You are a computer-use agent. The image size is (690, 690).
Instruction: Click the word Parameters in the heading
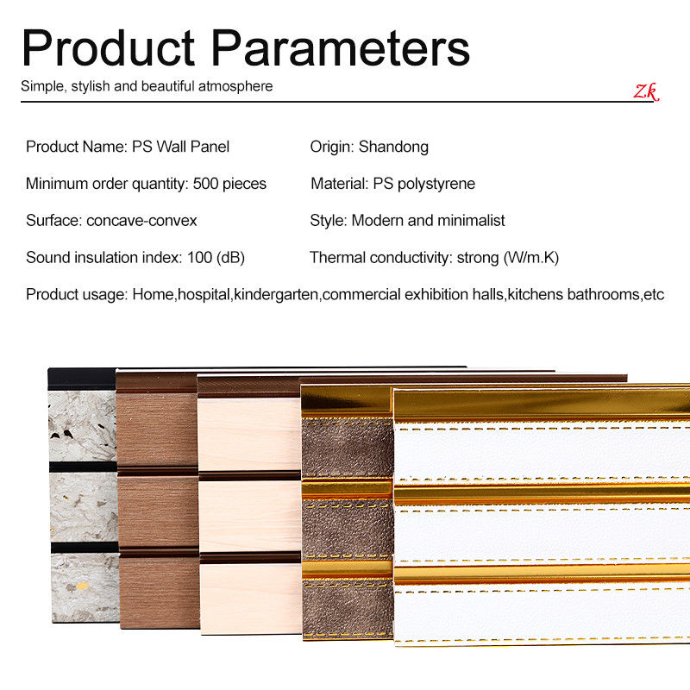coord(341,48)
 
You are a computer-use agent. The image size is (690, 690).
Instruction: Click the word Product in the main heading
coord(109,48)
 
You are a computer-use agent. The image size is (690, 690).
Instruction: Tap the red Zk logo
coord(646,91)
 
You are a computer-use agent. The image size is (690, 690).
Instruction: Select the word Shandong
coord(393,147)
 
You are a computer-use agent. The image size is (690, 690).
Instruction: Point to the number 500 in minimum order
coord(205,184)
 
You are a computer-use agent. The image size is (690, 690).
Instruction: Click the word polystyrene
coord(436,184)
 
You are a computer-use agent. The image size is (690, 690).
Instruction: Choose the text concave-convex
coord(141,221)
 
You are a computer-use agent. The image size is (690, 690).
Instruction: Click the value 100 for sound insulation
coord(200,257)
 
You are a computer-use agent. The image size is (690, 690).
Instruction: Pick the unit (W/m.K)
coord(531,257)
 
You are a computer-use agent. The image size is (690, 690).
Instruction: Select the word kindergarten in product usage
coord(276,294)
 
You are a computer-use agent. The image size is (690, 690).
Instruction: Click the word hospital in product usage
coord(204,294)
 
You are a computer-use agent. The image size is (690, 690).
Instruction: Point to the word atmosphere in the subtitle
coord(235,86)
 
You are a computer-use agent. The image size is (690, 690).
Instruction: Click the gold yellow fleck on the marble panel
coord(82,586)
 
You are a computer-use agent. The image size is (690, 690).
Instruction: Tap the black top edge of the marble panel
coord(82,379)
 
